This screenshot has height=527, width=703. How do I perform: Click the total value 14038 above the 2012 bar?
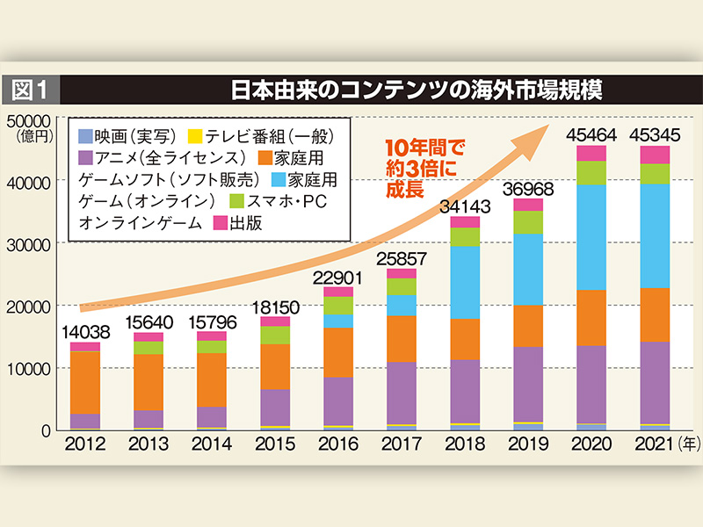pos(85,332)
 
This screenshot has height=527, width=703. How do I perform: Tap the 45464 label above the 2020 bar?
pos(592,134)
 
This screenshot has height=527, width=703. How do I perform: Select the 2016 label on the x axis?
pos(338,444)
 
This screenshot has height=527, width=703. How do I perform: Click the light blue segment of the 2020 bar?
pos(592,237)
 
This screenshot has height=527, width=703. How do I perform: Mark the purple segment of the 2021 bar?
pos(655,382)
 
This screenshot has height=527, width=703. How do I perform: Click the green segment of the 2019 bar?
pos(528,222)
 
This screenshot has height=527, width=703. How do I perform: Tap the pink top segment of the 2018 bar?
pos(466,221)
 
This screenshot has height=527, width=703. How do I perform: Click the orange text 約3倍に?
pos(412,167)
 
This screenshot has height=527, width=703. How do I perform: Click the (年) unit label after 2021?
pos(690,444)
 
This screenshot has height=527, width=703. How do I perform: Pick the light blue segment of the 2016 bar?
pos(338,321)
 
